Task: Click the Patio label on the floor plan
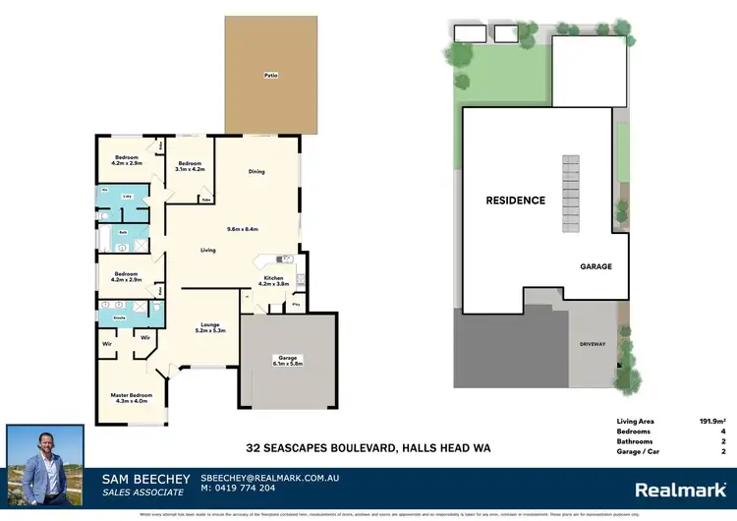(267, 74)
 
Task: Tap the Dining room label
(256, 172)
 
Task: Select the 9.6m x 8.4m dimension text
(242, 229)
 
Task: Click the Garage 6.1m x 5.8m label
(288, 361)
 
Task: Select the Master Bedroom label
(132, 397)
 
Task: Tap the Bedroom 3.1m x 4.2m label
(188, 167)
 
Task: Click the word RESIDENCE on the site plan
(515, 201)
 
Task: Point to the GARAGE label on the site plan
(596, 266)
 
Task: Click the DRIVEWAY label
(593, 345)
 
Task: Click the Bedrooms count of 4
(722, 431)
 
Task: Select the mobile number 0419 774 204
(241, 488)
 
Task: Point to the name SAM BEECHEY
(145, 479)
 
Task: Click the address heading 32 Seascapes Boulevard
(368, 448)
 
